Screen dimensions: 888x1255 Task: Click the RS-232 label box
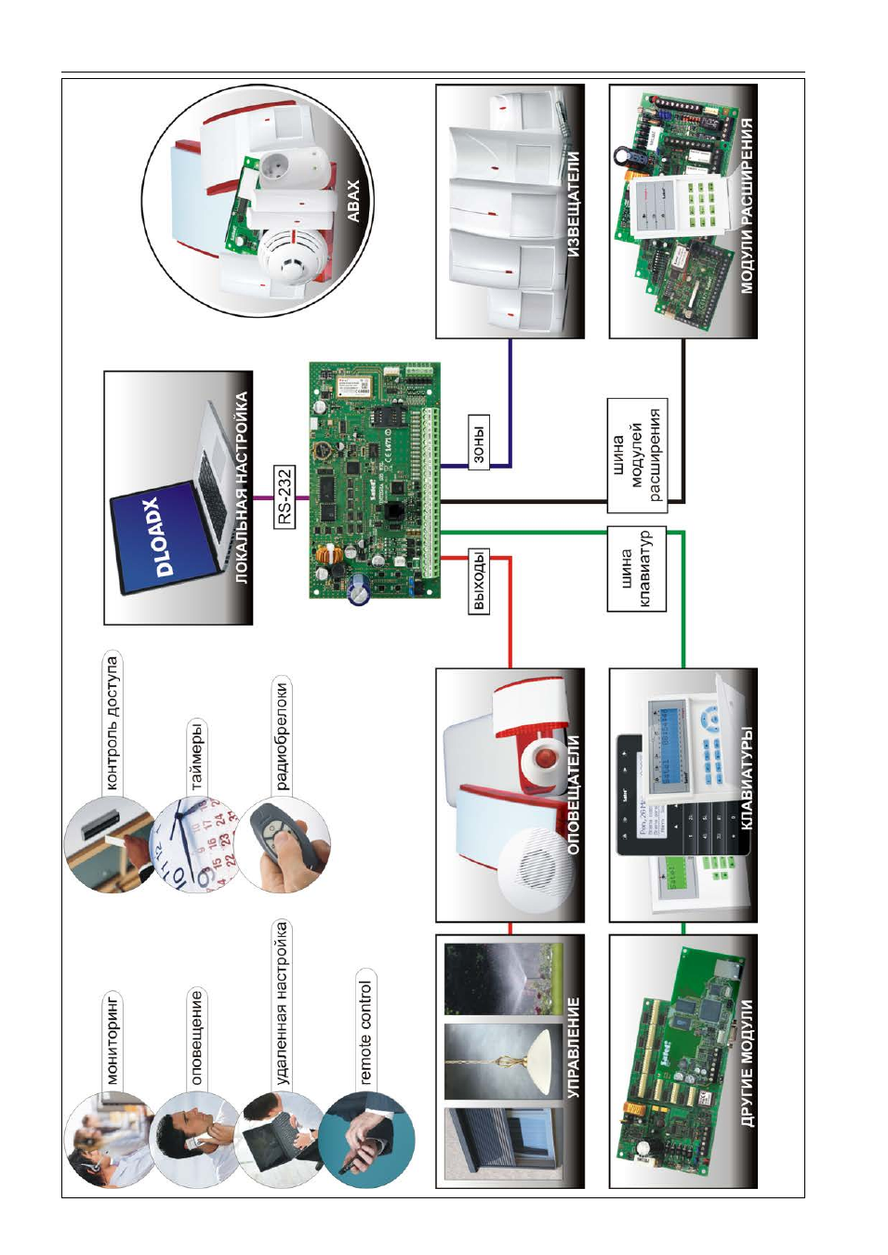285,497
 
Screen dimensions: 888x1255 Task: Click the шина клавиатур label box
636,569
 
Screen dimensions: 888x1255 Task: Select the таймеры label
196,758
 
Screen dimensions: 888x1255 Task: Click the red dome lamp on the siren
543,760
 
